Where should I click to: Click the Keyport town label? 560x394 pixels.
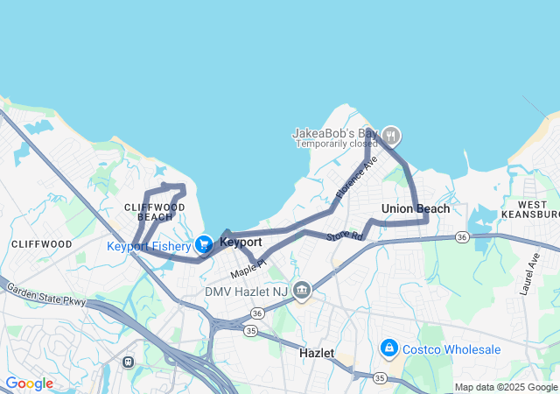pyautogui.click(x=241, y=242)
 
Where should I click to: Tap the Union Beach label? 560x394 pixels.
pyautogui.click(x=416, y=208)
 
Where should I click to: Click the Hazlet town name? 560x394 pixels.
pyautogui.click(x=317, y=352)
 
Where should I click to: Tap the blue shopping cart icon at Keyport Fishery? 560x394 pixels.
pyautogui.click(x=204, y=244)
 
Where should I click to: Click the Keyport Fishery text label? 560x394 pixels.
pyautogui.click(x=149, y=246)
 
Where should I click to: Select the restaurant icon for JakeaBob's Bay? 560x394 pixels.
pyautogui.click(x=391, y=135)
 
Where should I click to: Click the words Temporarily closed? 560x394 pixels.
pyautogui.click(x=336, y=144)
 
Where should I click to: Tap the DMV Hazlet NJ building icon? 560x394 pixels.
pyautogui.click(x=302, y=290)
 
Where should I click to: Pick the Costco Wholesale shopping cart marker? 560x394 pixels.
pyautogui.click(x=388, y=348)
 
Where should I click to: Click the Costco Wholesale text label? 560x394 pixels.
pyautogui.click(x=451, y=349)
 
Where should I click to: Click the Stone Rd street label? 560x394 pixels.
pyautogui.click(x=344, y=236)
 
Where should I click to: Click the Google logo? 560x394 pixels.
pyautogui.click(x=29, y=383)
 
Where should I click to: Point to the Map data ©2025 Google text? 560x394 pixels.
pyautogui.click(x=506, y=387)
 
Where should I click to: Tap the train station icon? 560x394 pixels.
pyautogui.click(x=129, y=361)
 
